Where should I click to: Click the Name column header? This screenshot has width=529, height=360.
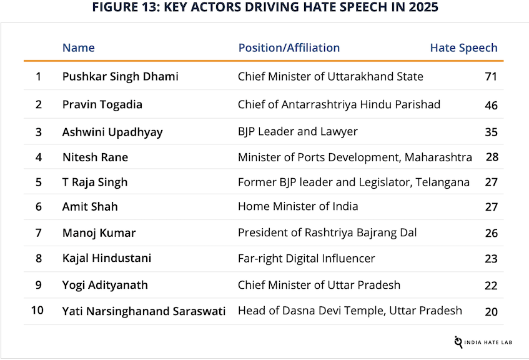(79, 47)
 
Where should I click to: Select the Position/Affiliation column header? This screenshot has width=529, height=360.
(289, 47)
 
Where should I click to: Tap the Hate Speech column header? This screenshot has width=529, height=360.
(463, 47)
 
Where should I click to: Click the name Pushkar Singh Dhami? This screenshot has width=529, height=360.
(120, 76)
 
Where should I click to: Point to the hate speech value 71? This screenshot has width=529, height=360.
(491, 77)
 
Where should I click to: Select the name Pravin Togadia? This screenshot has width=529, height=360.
(102, 104)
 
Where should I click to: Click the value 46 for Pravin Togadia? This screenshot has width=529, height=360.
(491, 105)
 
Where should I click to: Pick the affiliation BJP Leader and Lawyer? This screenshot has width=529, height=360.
(298, 132)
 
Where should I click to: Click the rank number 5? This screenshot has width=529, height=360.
(39, 182)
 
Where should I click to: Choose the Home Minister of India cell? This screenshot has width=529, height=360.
(298, 206)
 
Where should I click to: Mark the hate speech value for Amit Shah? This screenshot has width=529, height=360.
(491, 207)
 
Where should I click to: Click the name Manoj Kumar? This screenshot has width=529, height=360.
(99, 233)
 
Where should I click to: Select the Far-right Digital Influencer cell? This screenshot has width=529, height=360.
(306, 258)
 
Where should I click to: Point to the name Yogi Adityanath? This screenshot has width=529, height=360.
(105, 285)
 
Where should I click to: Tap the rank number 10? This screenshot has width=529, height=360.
(37, 310)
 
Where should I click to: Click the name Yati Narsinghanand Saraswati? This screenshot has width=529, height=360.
(144, 311)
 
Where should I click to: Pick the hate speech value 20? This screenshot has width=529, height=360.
(491, 311)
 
